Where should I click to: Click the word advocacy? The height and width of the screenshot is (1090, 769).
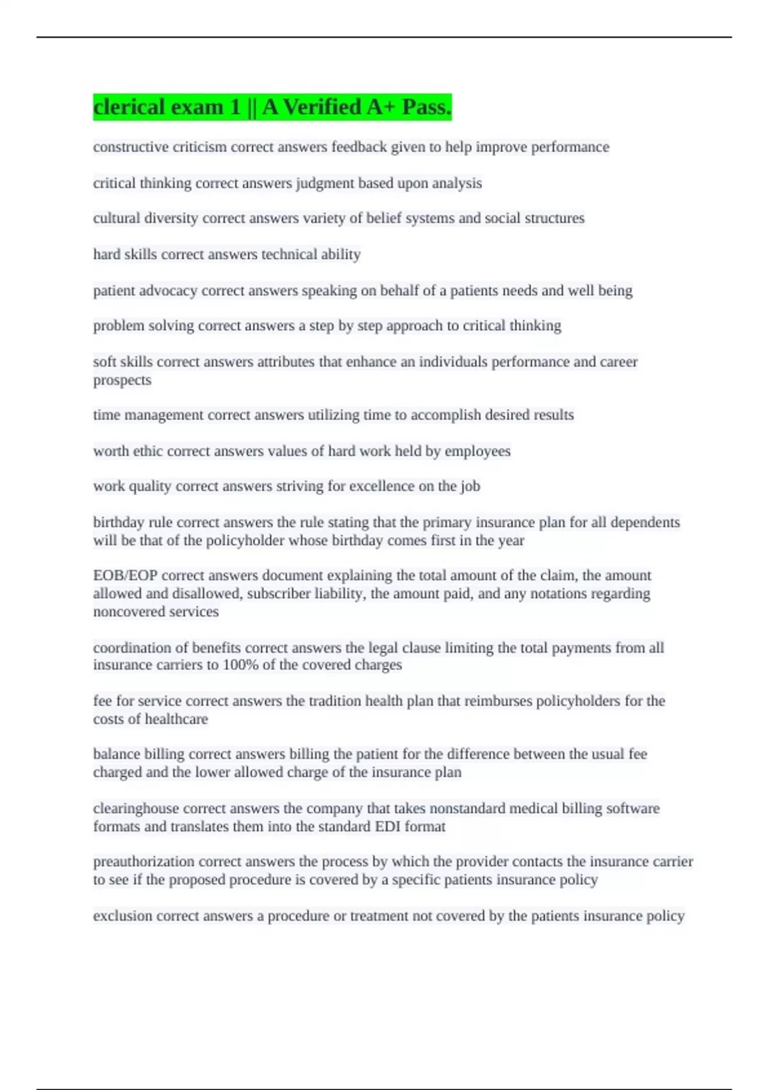pyautogui.click(x=169, y=291)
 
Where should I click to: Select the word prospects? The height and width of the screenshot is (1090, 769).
pyautogui.click(x=122, y=380)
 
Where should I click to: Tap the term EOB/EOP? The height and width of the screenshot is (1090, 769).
pyautogui.click(x=125, y=575)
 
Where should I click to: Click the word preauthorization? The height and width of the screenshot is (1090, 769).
pyautogui.click(x=144, y=862)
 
